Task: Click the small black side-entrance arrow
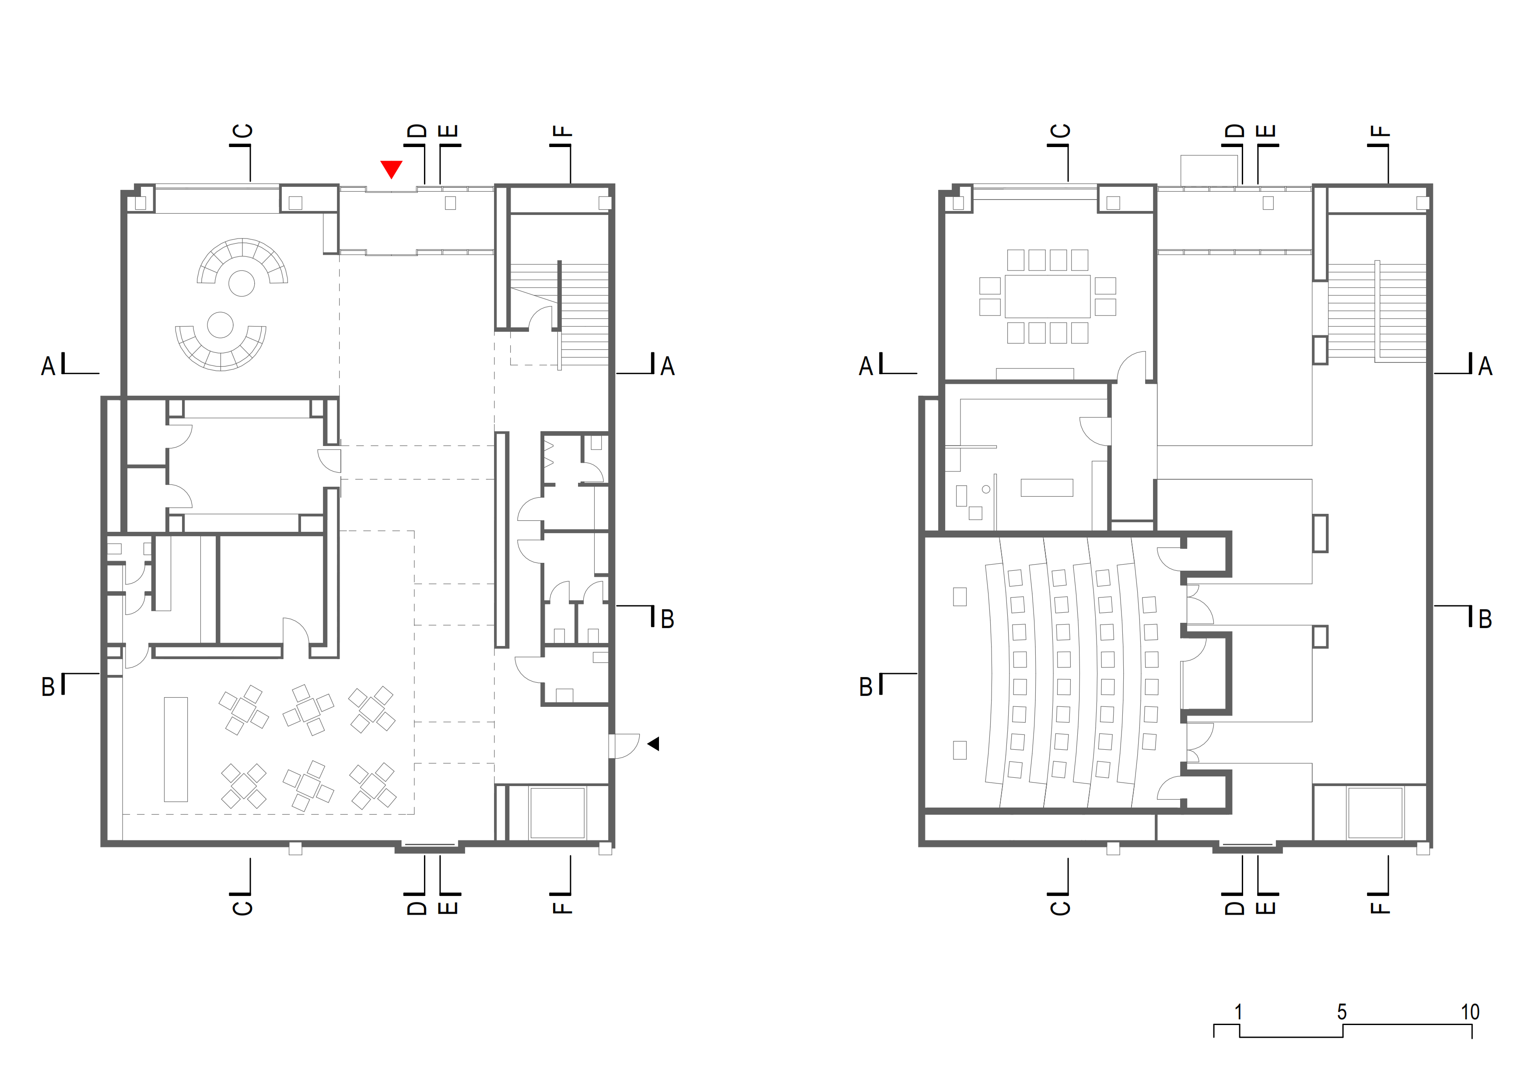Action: pyautogui.click(x=653, y=743)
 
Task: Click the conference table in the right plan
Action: pyautogui.click(x=1047, y=296)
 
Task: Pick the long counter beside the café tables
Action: pyautogui.click(x=176, y=749)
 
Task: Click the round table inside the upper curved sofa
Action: pyautogui.click(x=242, y=284)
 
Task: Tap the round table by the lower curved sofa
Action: pyautogui.click(x=220, y=325)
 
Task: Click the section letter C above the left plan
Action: pyautogui.click(x=243, y=130)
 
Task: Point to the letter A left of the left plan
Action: pyautogui.click(x=48, y=366)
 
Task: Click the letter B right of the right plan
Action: pyautogui.click(x=1485, y=619)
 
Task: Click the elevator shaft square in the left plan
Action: pyautogui.click(x=557, y=813)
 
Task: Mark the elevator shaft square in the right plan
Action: pyautogui.click(x=1375, y=813)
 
